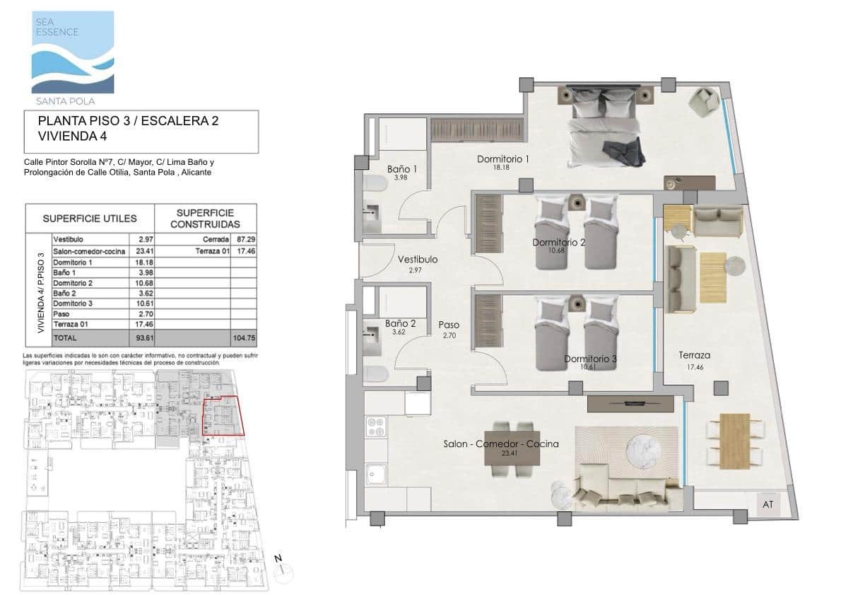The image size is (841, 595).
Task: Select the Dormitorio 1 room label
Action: [x=503, y=159]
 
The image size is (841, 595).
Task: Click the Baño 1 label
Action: [x=401, y=170]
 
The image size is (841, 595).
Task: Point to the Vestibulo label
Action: [x=417, y=260]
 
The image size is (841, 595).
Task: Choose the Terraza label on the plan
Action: [x=695, y=356]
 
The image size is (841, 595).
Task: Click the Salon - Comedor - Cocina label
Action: [x=501, y=444]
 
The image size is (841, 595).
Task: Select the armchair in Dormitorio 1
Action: [x=702, y=101]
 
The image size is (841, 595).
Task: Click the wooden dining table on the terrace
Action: [x=736, y=441]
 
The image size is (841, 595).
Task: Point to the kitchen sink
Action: [x=375, y=472]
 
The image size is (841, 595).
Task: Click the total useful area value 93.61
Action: [x=144, y=337]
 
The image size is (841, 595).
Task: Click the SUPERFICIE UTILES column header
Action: [x=90, y=219]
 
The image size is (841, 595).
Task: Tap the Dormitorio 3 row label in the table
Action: [x=73, y=303]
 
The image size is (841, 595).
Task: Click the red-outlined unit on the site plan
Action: [x=223, y=416]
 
